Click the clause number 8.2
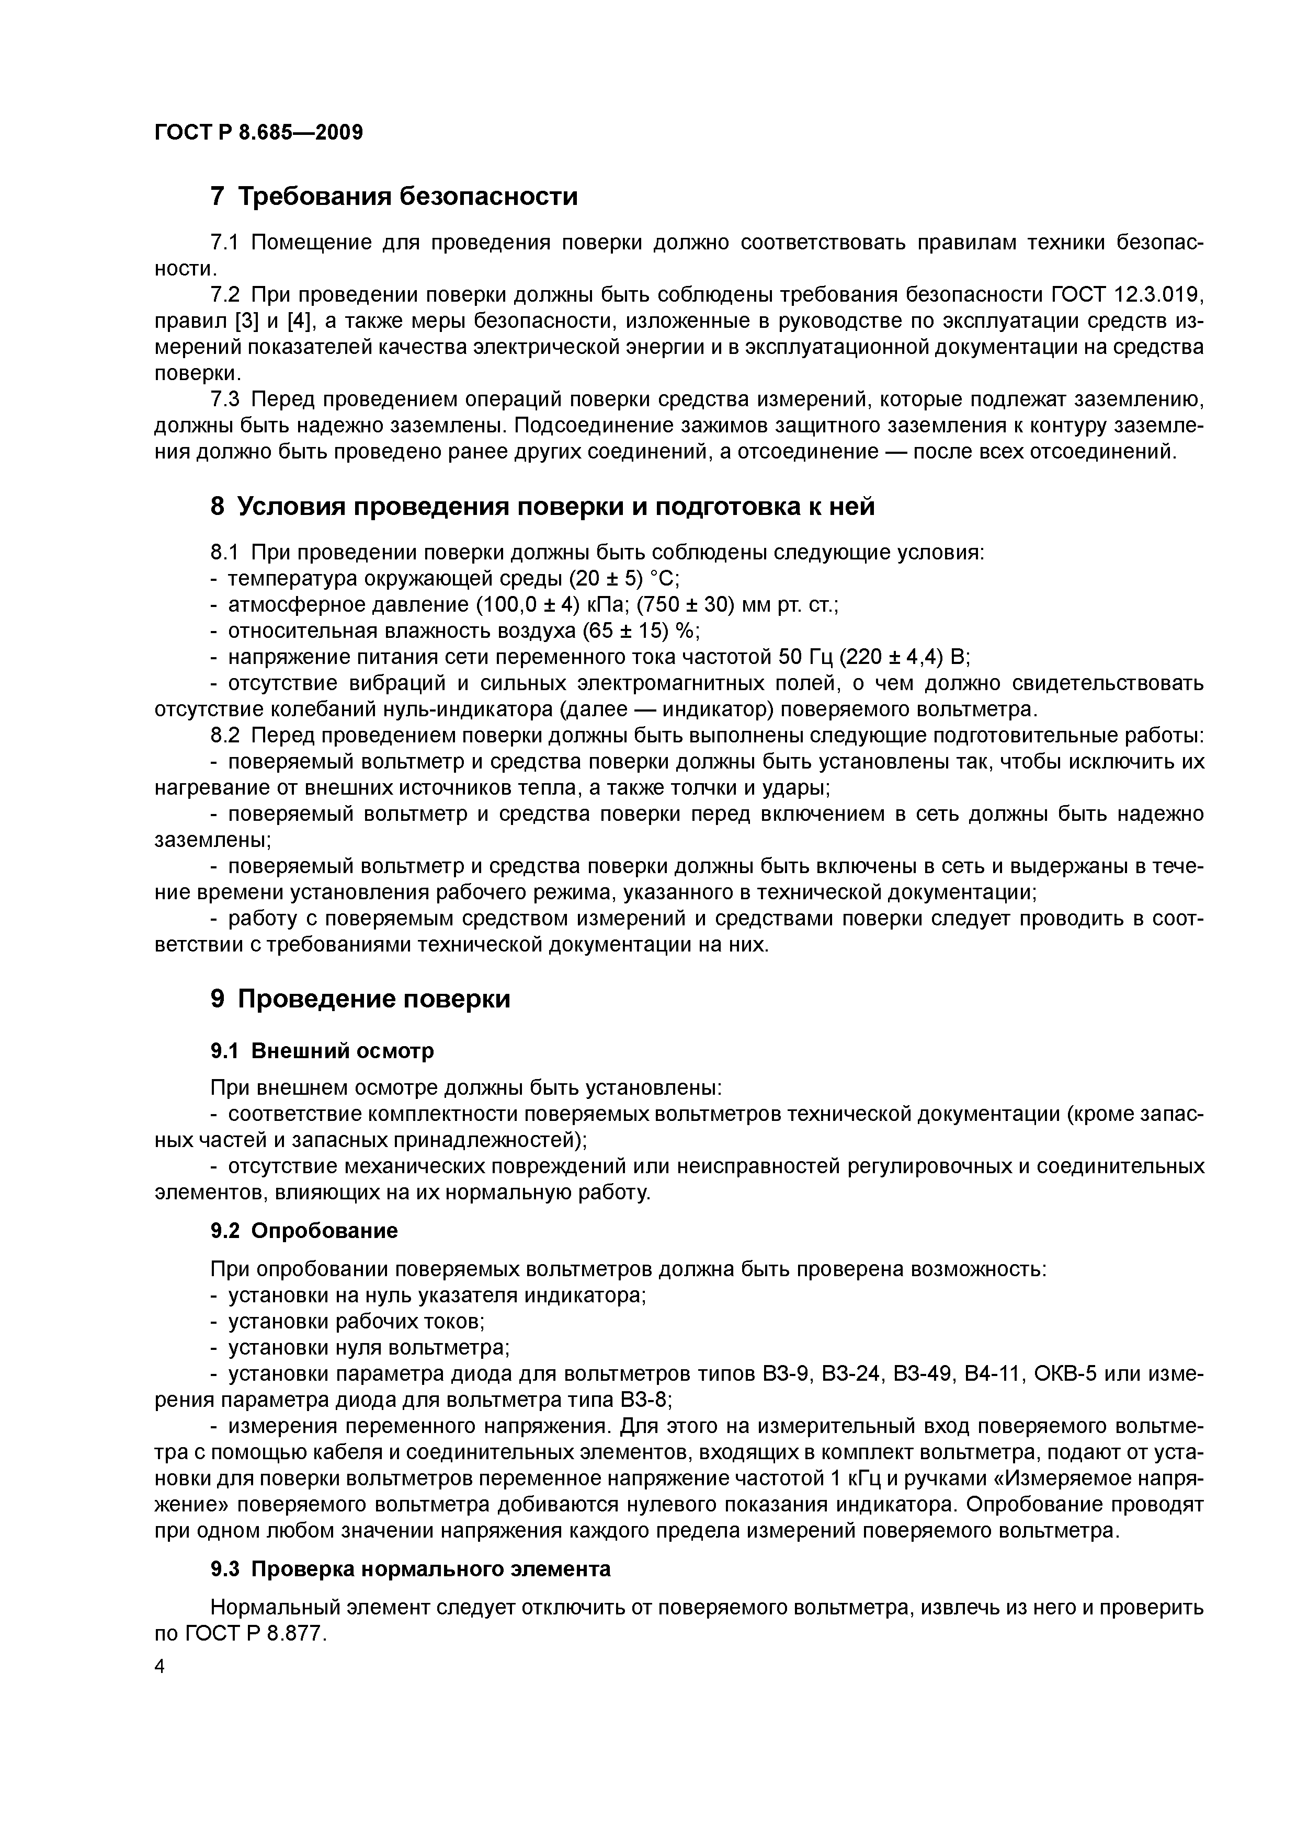pos(226,736)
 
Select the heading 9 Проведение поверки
pos(360,999)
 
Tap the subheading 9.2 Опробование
pos(304,1231)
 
